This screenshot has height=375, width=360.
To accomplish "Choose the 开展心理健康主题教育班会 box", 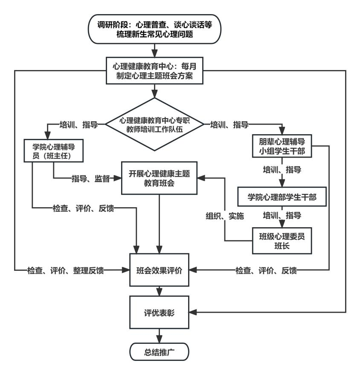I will point(159,179).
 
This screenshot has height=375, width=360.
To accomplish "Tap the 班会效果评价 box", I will point(159,270).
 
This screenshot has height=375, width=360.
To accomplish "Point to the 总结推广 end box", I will point(159,353).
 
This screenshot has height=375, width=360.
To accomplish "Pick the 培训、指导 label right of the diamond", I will point(231,125).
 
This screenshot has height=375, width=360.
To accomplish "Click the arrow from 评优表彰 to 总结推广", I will point(159,334).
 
